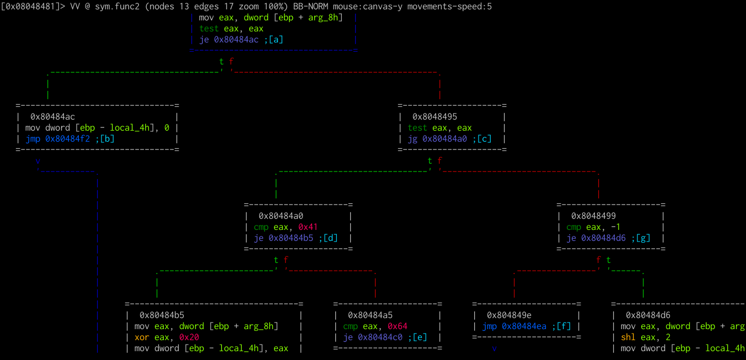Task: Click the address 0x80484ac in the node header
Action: (52, 117)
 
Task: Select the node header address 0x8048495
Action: (434, 117)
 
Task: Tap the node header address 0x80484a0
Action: (281, 216)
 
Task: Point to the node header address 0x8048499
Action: (593, 216)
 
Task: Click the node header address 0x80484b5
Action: (162, 315)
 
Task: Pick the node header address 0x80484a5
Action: (370, 315)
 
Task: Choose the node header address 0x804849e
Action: (509, 315)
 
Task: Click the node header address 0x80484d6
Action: (648, 315)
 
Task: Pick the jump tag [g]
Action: (643, 238)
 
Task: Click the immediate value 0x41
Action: (308, 227)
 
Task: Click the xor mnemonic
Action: (142, 337)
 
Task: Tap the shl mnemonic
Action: (628, 337)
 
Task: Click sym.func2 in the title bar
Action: (119, 7)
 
